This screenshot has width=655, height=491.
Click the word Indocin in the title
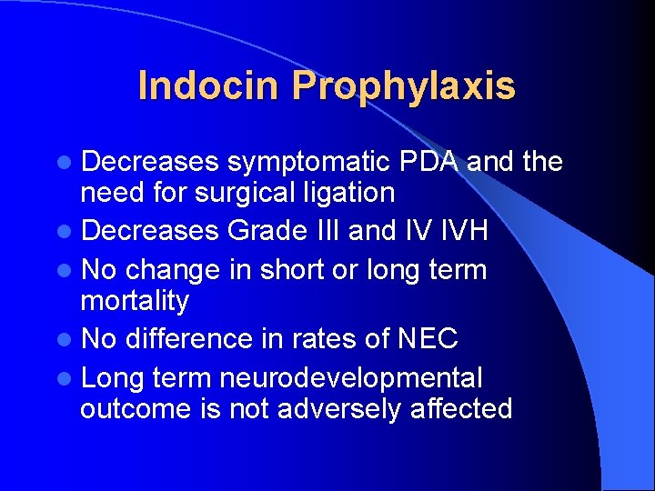point(209,86)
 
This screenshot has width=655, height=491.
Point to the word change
point(173,270)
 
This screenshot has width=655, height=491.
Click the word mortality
point(135,301)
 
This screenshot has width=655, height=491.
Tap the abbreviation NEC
point(428,339)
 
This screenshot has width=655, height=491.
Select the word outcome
point(137,409)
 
